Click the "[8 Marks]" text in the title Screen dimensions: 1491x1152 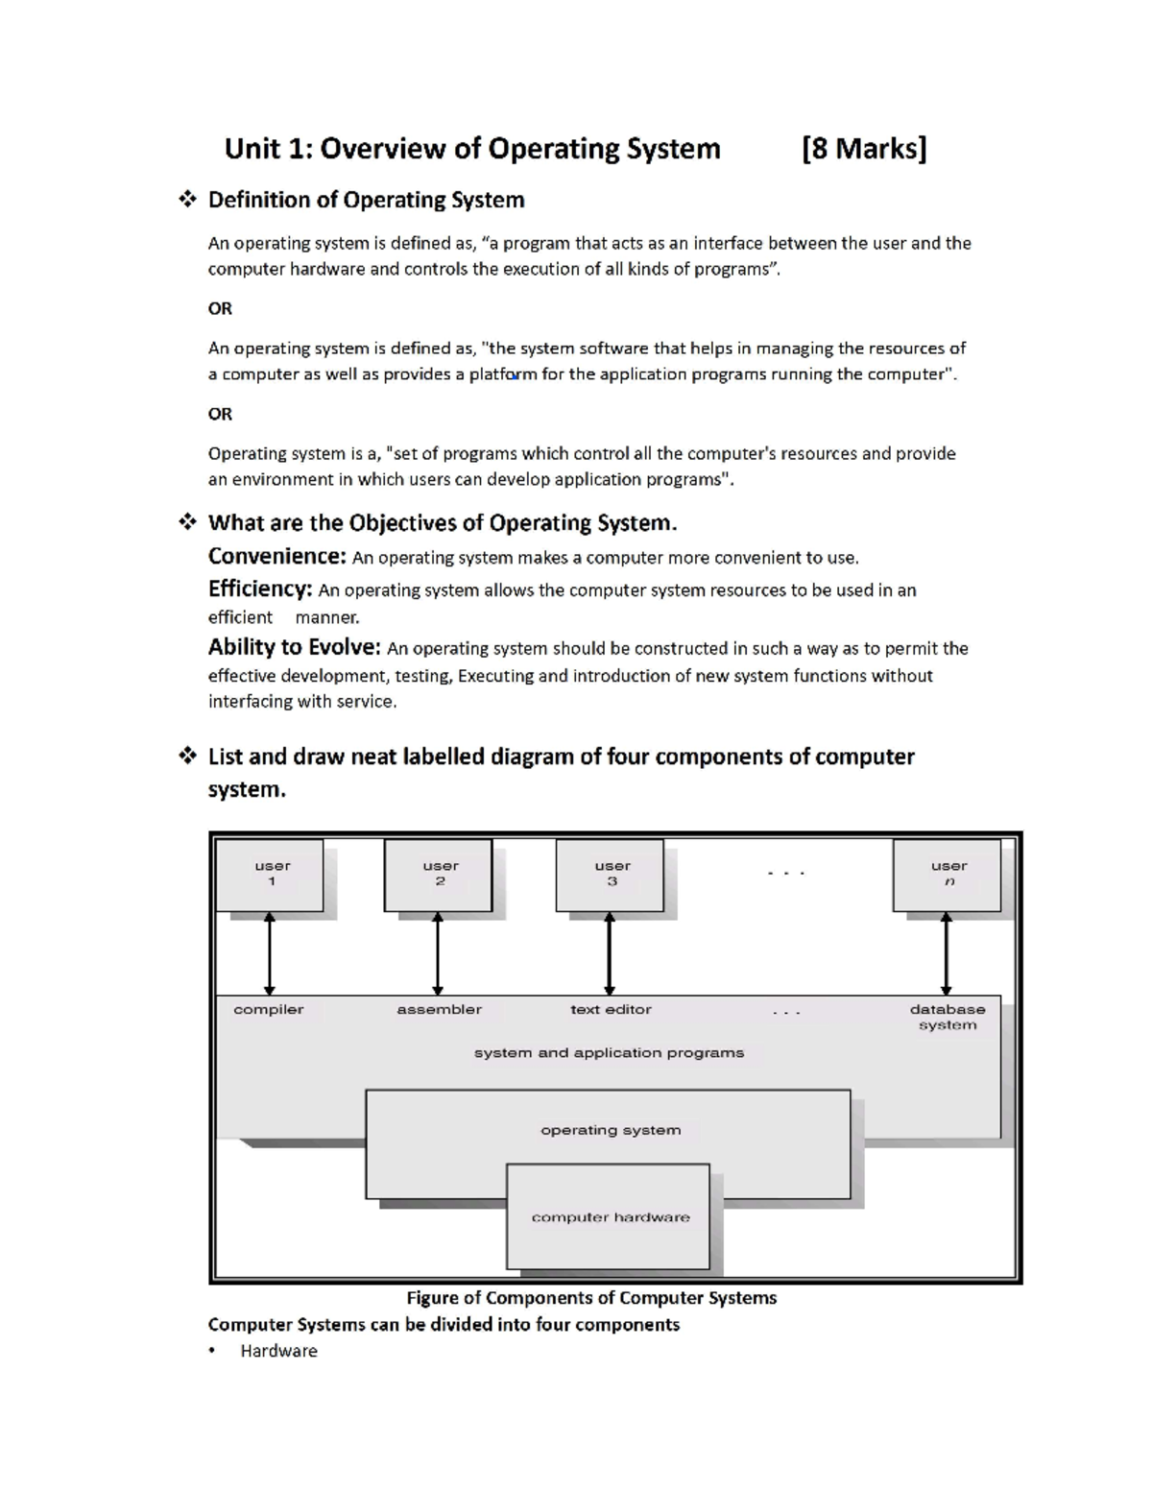click(x=864, y=149)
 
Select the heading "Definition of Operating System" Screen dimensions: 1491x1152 click(x=366, y=200)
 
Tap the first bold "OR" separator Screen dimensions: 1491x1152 click(x=220, y=308)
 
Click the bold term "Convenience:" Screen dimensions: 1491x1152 click(x=276, y=557)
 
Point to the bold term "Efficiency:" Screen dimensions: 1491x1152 click(x=259, y=589)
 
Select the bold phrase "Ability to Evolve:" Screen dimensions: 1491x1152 click(x=295, y=648)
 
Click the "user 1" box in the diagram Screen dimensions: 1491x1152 click(x=271, y=875)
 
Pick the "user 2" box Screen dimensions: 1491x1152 click(x=439, y=875)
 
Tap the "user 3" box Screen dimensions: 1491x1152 click(x=611, y=875)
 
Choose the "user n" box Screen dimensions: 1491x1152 click(x=948, y=875)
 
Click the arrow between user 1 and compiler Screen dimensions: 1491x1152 click(x=270, y=953)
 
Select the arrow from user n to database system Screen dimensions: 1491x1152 click(x=947, y=953)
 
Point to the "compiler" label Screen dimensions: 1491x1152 click(x=269, y=1009)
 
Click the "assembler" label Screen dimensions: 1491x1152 click(x=439, y=1009)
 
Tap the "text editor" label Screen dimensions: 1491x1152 click(x=611, y=1009)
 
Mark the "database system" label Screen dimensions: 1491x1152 click(x=948, y=1017)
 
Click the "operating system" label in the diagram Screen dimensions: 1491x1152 click(x=611, y=1130)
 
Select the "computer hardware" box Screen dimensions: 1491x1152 click(x=610, y=1217)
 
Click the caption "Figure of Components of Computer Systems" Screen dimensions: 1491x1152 click(x=591, y=1298)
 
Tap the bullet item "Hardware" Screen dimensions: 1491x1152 click(x=278, y=1351)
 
